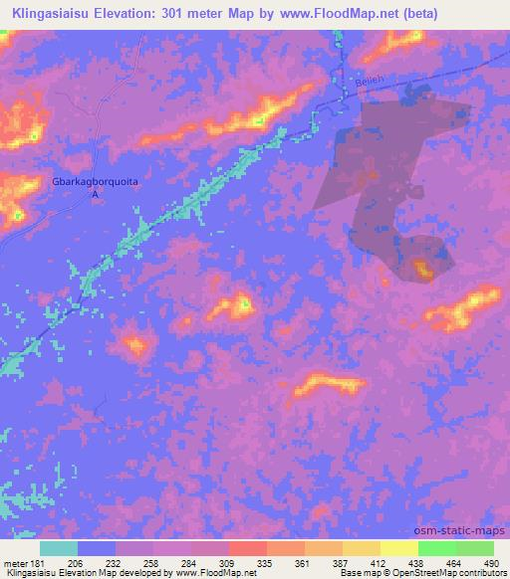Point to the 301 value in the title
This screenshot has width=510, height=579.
point(173,13)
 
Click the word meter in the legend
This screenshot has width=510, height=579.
point(14,562)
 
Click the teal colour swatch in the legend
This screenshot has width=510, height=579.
point(59,548)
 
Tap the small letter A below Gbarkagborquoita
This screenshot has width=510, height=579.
point(96,195)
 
